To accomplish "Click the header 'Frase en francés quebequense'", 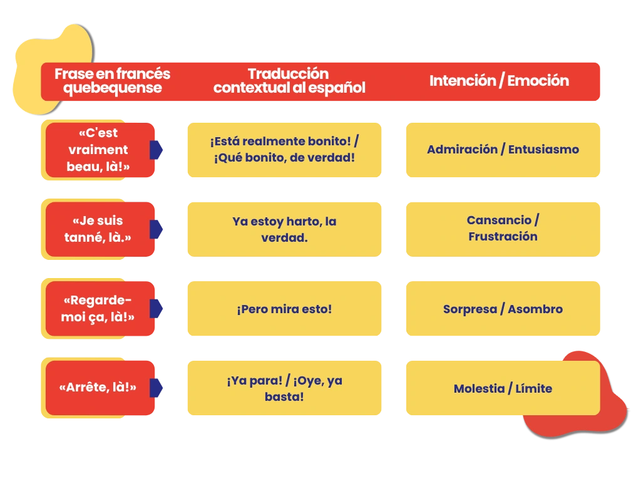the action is coord(113,81).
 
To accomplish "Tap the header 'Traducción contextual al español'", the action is coord(289,81).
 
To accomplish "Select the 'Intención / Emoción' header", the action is coord(499,81).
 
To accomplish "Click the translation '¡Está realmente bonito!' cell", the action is coord(285,150).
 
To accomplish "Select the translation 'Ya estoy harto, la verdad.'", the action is coord(285,229).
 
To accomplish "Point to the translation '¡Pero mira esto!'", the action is coord(285,308).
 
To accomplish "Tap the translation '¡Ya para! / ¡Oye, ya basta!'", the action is coord(285,388).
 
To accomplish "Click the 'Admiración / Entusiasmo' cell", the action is coord(503,150).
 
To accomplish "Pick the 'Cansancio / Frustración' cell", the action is coord(503,229).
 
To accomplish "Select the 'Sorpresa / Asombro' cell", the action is coord(503,308).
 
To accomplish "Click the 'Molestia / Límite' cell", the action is coord(503,388).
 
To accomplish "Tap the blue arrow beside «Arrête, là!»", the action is coord(156,388).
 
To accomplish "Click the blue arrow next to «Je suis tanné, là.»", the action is coord(156,229).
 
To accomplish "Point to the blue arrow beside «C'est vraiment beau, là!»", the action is coord(156,150).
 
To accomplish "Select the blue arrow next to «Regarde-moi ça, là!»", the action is coord(156,308).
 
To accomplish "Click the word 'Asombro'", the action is coord(535,309).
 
